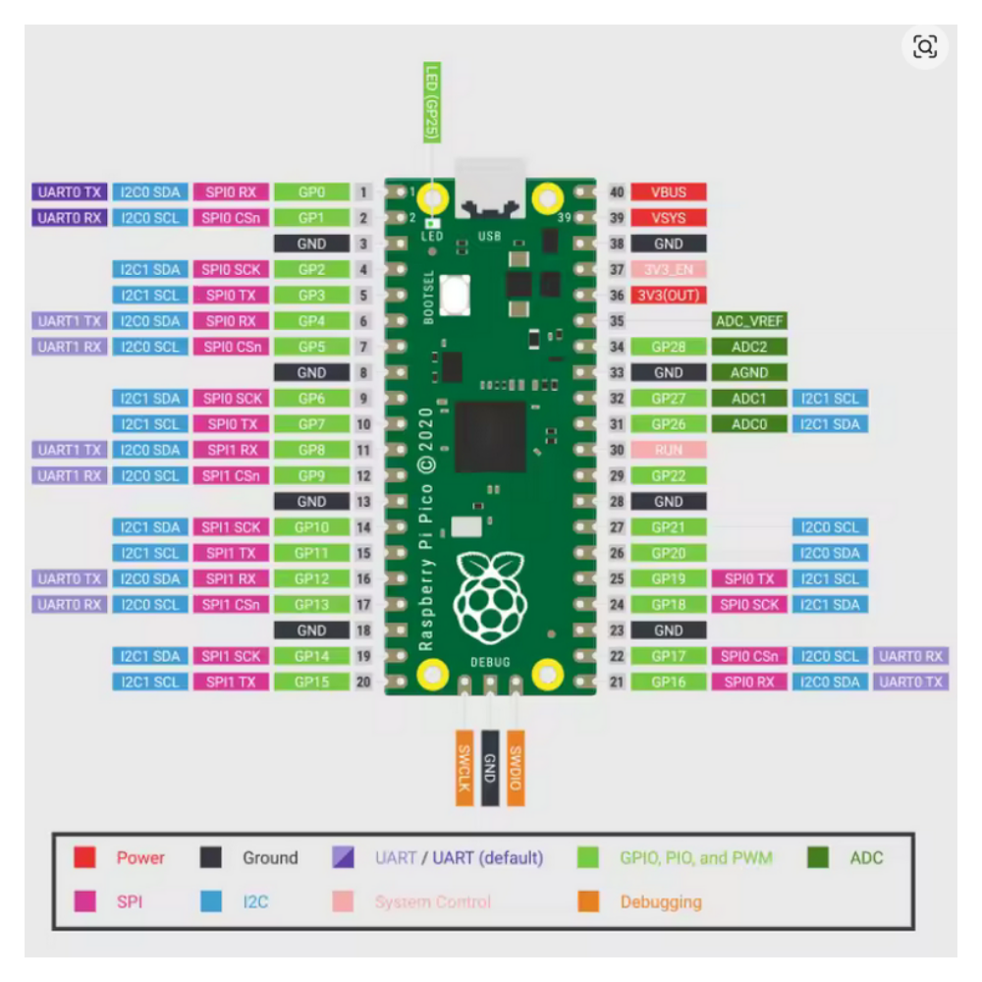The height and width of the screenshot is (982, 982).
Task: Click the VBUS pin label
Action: (668, 192)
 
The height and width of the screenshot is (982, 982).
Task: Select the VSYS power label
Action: (668, 218)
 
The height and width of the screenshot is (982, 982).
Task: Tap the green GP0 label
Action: (311, 192)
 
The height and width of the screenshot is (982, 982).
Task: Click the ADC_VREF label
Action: (749, 321)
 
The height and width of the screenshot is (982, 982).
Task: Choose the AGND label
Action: (749, 373)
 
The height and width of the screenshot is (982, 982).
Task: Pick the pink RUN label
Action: (668, 450)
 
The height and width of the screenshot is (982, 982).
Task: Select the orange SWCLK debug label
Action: (464, 769)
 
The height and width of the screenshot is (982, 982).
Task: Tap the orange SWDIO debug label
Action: (516, 769)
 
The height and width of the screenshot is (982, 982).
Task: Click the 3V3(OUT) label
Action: (668, 296)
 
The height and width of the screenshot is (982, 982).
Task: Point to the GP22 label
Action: (668, 475)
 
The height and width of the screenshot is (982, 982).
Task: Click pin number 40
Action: (617, 192)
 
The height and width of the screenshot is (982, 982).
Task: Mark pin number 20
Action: (363, 682)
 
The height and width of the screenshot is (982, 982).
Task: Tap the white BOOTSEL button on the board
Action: (455, 294)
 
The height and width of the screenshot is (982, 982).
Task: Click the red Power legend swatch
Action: (85, 857)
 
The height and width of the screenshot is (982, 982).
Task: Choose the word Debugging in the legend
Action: (661, 901)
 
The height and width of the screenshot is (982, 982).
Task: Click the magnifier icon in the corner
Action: (925, 46)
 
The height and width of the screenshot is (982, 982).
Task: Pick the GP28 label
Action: (668, 347)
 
